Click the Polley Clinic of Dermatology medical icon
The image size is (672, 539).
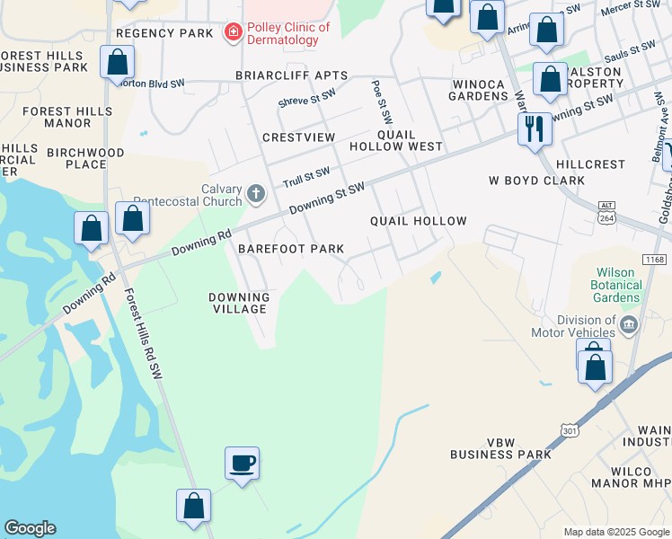click(x=234, y=33)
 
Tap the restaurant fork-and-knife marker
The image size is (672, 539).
click(x=535, y=129)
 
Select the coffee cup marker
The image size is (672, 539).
click(x=242, y=464)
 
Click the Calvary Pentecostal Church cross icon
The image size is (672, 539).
click(x=256, y=193)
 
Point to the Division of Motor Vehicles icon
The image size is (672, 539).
click(x=630, y=323)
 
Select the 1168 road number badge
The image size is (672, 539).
click(x=656, y=260)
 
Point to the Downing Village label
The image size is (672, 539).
click(x=239, y=303)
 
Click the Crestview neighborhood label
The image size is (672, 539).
click(x=298, y=137)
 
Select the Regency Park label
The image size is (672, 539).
click(x=165, y=33)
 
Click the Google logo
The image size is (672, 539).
click(x=30, y=528)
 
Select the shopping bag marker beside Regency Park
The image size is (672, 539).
click(x=117, y=63)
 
